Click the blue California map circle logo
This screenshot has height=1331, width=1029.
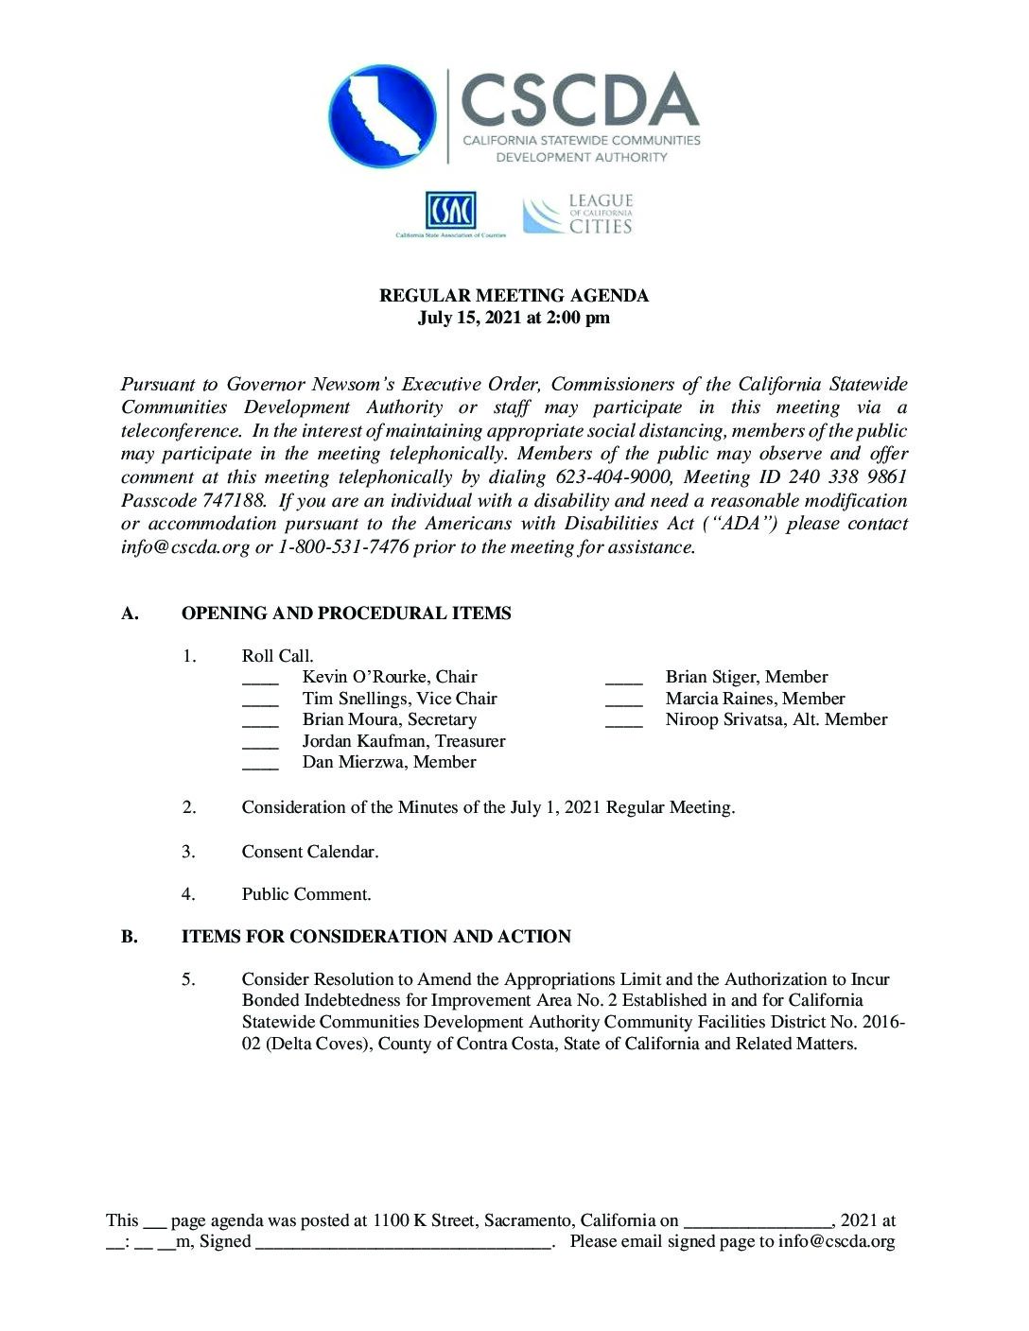382,116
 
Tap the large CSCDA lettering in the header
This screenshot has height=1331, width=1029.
579,100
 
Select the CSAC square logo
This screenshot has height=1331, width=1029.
450,211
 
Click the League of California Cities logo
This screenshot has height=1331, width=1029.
578,215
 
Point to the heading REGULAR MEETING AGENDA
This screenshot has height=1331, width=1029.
514,296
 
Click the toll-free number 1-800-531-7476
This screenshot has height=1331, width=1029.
343,547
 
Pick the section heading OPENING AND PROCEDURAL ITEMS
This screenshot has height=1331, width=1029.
346,614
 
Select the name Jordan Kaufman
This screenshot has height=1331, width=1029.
364,741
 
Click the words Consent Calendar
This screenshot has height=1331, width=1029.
309,852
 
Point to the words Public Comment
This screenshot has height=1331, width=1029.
306,894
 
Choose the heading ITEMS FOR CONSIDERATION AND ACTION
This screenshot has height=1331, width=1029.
376,937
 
